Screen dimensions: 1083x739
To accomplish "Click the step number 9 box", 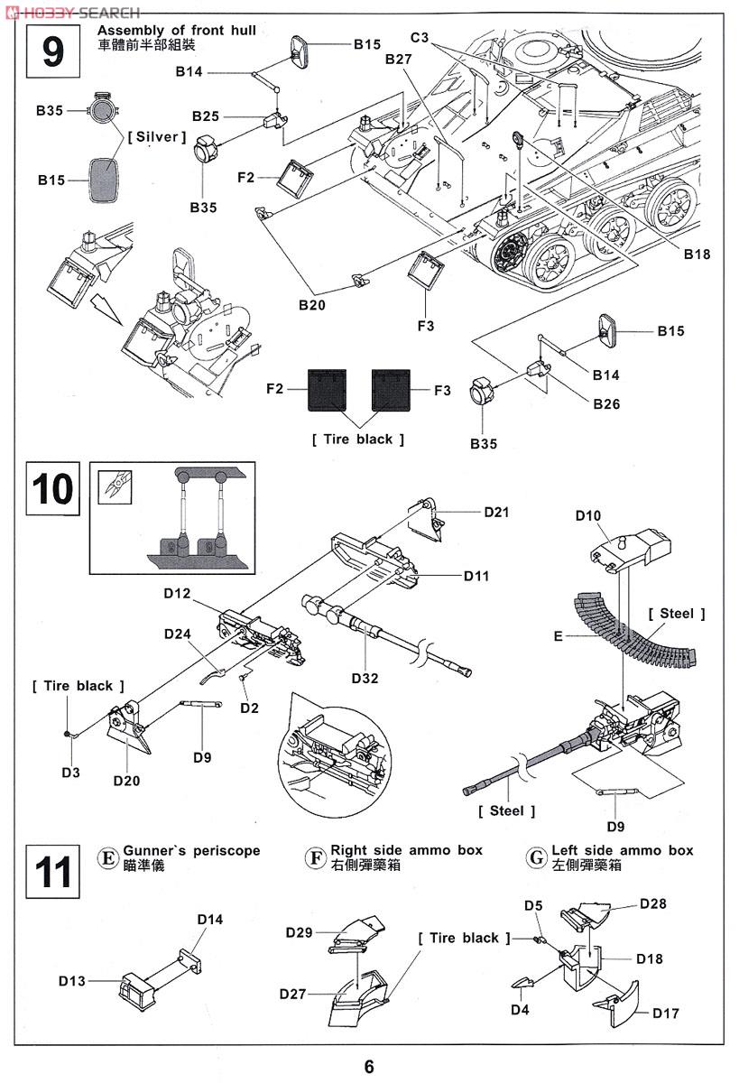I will (x=53, y=51).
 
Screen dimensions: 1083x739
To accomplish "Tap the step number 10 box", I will (x=52, y=488).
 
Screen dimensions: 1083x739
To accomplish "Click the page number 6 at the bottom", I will (x=369, y=1066).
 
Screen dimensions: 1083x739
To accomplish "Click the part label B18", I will (x=697, y=255).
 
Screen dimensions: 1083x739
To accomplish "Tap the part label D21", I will (x=496, y=513).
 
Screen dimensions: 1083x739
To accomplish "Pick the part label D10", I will (x=587, y=515).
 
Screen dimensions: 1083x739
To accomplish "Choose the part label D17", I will (x=666, y=1013).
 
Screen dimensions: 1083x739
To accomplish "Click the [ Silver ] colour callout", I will (x=156, y=137).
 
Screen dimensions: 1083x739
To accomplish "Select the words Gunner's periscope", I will (x=191, y=850).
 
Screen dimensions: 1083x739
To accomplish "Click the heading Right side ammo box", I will (x=406, y=850).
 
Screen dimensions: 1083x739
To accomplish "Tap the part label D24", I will (x=178, y=634).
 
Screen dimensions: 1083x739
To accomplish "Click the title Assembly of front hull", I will (x=176, y=31).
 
